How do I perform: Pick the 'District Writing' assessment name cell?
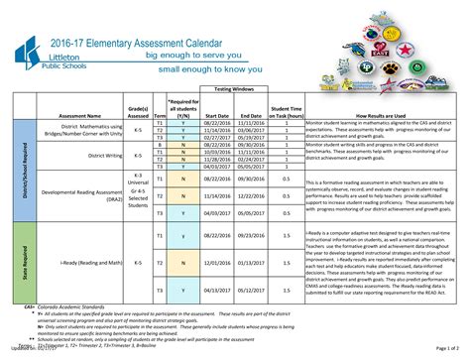tap(76, 155)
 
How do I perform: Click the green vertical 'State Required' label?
tap(22, 263)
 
